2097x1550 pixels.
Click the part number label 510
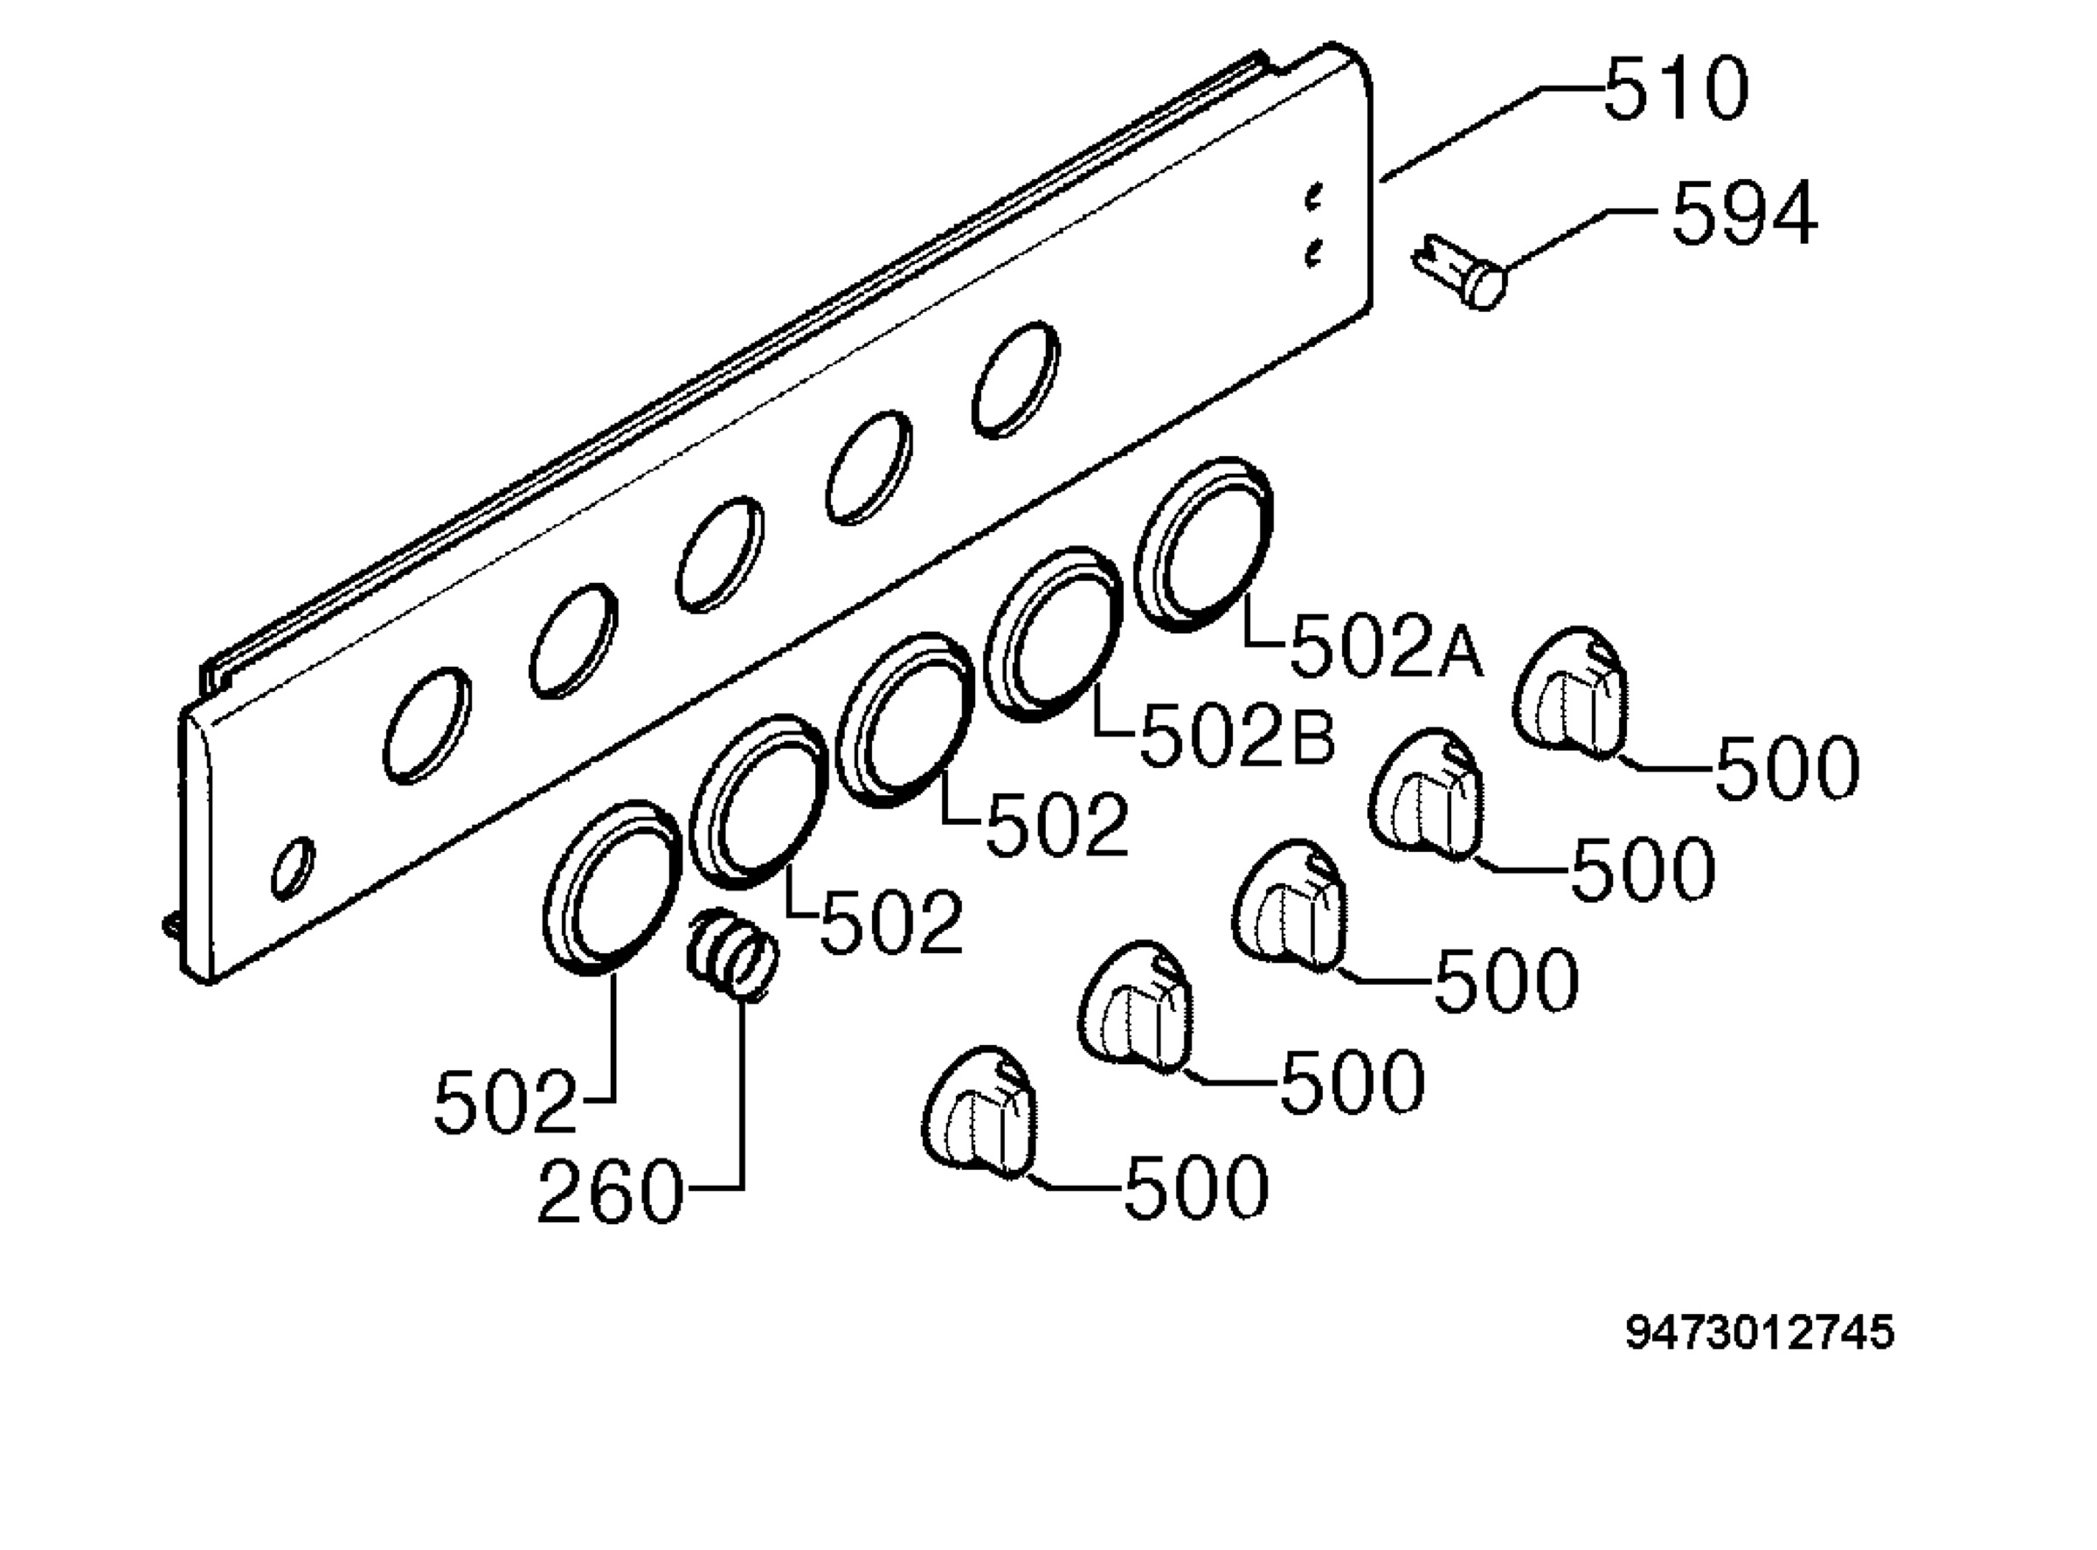[x=1676, y=88]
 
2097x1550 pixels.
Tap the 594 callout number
[x=1744, y=214]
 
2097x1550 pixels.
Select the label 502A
[x=1387, y=647]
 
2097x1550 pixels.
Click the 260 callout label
[x=610, y=1191]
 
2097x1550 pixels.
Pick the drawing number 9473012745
[x=1759, y=1332]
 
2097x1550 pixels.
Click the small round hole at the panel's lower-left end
[x=293, y=868]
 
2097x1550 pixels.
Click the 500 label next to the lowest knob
[x=1196, y=1187]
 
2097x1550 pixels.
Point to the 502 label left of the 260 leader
[x=505, y=1102]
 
